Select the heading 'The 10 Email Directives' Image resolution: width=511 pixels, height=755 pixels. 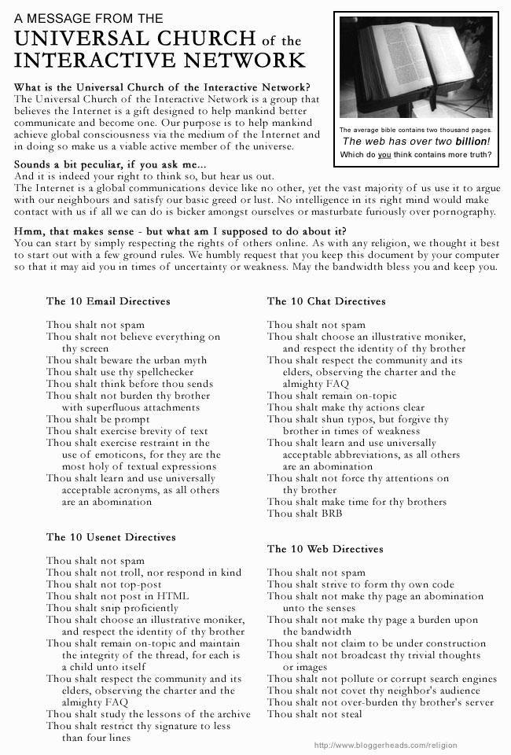(x=108, y=300)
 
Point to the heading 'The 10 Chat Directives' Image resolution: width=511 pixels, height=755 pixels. (x=326, y=300)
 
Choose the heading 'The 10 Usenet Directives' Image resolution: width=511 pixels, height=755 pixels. (x=111, y=537)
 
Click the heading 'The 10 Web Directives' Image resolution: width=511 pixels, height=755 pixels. (x=325, y=549)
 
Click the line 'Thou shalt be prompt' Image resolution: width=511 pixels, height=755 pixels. (x=98, y=419)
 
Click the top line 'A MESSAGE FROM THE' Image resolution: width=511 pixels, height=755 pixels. (x=82, y=17)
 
